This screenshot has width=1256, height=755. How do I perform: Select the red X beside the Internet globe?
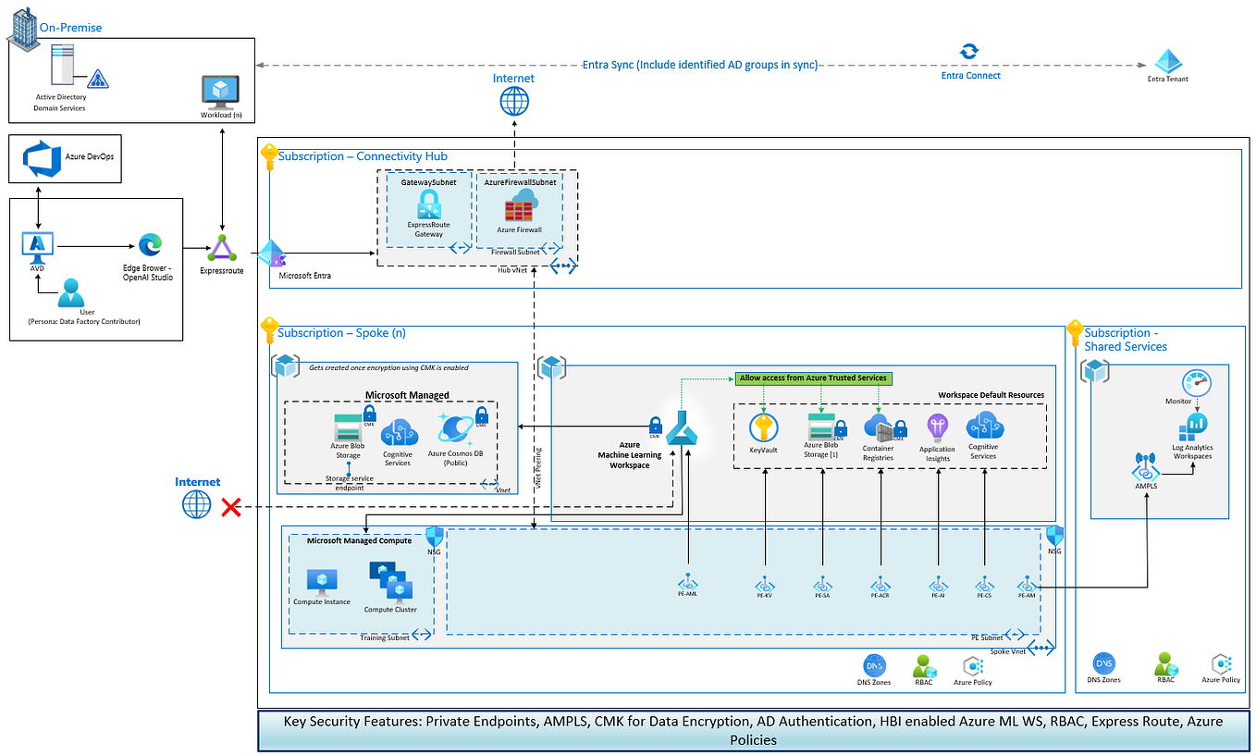click(231, 506)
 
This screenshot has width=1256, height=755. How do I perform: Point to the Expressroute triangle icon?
click(223, 248)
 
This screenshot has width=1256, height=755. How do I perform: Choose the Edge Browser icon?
click(150, 244)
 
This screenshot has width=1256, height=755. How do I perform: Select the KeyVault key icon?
click(764, 427)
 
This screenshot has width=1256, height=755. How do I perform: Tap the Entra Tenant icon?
click(1169, 61)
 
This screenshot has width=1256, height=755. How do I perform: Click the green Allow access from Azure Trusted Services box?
click(814, 378)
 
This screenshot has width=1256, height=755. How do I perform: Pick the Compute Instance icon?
click(322, 581)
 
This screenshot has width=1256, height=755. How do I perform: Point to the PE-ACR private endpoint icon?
click(880, 584)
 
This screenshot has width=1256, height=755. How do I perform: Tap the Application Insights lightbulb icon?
click(937, 427)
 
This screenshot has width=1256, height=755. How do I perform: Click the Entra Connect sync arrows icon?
click(968, 52)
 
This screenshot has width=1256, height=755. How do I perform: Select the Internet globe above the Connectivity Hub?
click(514, 101)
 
